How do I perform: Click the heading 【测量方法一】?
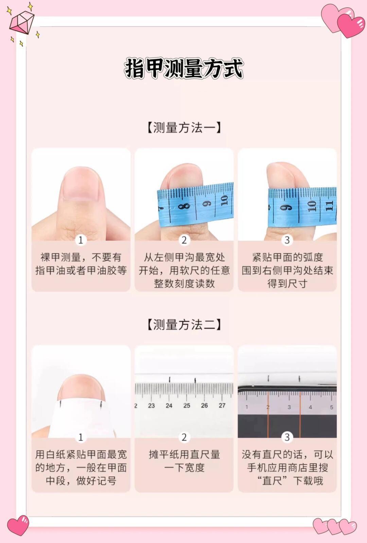tap(184, 128)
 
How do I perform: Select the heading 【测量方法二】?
tap(184, 324)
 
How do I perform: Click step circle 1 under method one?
tap(81, 240)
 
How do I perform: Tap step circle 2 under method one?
tap(184, 240)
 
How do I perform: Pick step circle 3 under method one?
tap(287, 240)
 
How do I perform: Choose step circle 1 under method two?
tap(81, 437)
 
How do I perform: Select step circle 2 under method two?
tap(184, 437)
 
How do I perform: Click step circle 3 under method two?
tap(287, 437)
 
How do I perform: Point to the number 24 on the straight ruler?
tap(169, 405)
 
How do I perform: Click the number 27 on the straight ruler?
tap(222, 405)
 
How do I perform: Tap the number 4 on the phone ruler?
tap(310, 407)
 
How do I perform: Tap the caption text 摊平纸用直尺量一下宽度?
tap(184, 461)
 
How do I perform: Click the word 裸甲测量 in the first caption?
tap(60, 257)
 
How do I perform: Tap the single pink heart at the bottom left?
tap(18, 525)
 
